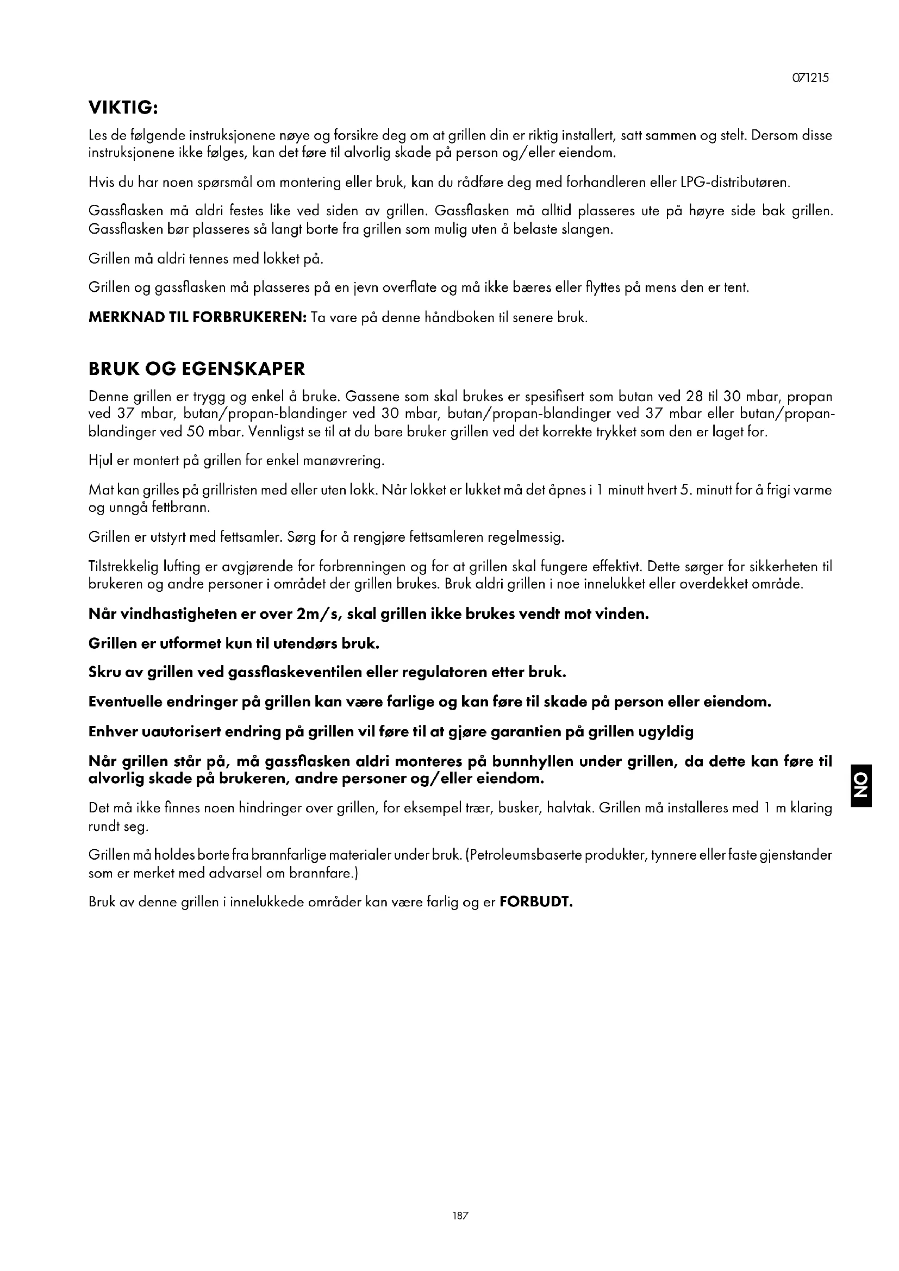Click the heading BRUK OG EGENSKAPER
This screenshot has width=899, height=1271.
197,369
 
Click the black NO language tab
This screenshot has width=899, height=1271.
862,785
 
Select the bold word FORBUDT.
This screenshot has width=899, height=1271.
535,903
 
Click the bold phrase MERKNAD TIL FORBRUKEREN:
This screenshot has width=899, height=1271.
198,318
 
